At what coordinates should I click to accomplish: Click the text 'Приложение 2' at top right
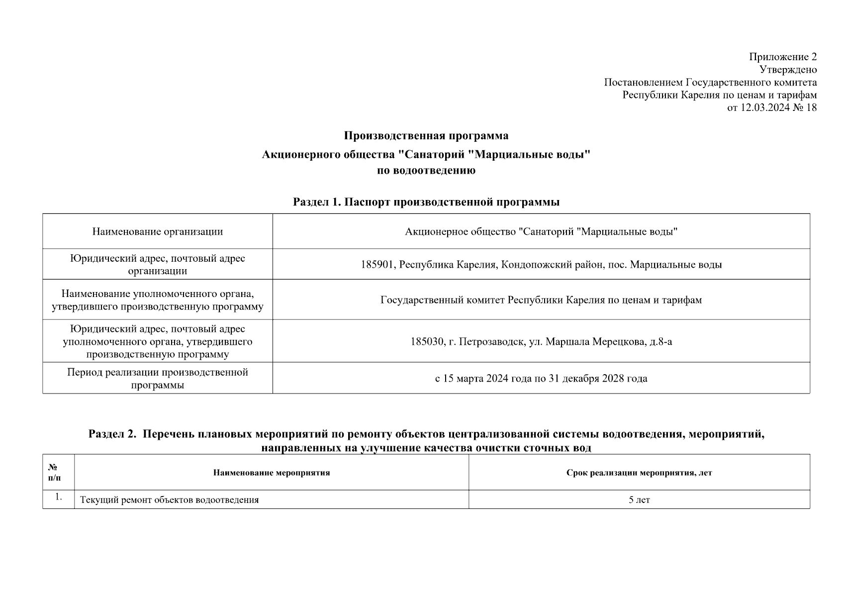pos(783,57)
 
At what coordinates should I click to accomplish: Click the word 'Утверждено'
pos(788,70)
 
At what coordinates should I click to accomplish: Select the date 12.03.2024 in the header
pos(765,107)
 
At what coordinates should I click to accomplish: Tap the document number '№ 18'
pos(805,107)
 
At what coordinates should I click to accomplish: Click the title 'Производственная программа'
pos(426,136)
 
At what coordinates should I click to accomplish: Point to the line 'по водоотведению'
pos(426,171)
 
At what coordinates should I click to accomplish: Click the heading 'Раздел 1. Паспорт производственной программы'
pos(426,202)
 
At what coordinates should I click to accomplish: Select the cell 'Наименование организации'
pos(157,231)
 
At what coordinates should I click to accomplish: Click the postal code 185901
pos(377,265)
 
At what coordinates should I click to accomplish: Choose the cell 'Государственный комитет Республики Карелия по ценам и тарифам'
pos(541,300)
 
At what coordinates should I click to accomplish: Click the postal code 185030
pos(427,342)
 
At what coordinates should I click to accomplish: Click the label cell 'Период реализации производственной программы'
pos(157,379)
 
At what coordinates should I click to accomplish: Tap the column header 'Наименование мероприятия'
pos(272,473)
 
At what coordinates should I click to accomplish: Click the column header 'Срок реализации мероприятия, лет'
pos(639,473)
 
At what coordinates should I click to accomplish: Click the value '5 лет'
pos(639,500)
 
